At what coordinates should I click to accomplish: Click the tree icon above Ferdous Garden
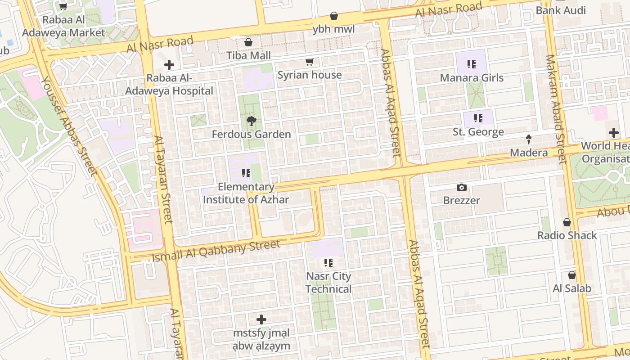point(251,120)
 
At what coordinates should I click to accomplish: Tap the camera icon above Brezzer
point(461,187)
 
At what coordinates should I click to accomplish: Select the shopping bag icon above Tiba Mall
point(248,42)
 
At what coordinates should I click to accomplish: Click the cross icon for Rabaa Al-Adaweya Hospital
point(169,65)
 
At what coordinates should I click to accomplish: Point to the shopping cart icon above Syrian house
point(309,62)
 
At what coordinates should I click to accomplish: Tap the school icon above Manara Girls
point(471,64)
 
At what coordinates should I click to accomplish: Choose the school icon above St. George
point(478,118)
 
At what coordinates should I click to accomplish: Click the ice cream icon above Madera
point(529,139)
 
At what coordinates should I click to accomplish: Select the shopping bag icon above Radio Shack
point(567,222)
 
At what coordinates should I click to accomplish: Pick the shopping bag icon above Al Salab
point(572,275)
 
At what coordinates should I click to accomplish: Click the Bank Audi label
point(561,10)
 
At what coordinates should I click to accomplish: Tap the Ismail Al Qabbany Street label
point(216,251)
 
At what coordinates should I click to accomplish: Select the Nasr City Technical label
point(328,283)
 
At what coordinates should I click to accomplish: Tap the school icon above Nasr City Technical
point(328,262)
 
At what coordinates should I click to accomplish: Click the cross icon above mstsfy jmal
point(261,320)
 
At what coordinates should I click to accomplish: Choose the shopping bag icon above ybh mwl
point(334,16)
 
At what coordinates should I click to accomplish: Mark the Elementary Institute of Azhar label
point(246,193)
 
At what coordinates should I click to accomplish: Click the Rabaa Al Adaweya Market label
point(63,26)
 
